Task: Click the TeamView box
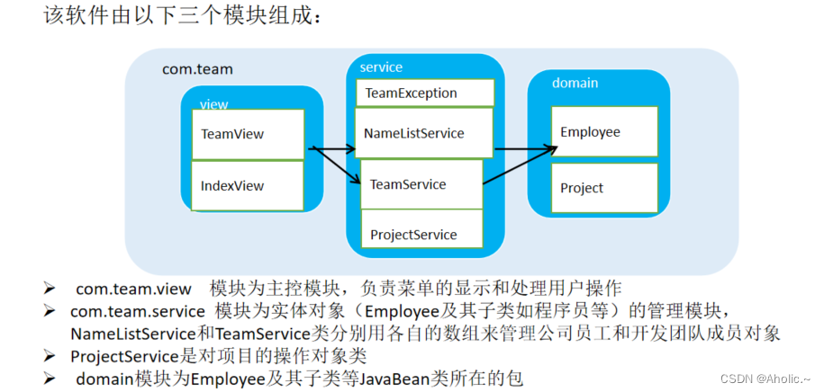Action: pyautogui.click(x=248, y=134)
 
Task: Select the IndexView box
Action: pyautogui.click(x=248, y=185)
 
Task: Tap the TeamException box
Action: pyautogui.click(x=424, y=93)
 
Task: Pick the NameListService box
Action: pyautogui.click(x=423, y=133)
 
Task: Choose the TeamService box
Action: pyautogui.click(x=421, y=184)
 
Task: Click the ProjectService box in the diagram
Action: pyautogui.click(x=421, y=235)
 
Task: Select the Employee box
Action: pyautogui.click(x=603, y=132)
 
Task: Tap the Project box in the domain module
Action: pyautogui.click(x=603, y=188)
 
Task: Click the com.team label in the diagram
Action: pyautogui.click(x=197, y=68)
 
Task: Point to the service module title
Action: pyautogui.click(x=381, y=67)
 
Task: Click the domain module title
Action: pyautogui.click(x=575, y=83)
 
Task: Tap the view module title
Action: pyautogui.click(x=214, y=104)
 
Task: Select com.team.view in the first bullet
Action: pyautogui.click(x=133, y=289)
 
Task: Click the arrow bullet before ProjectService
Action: pyautogui.click(x=51, y=356)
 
